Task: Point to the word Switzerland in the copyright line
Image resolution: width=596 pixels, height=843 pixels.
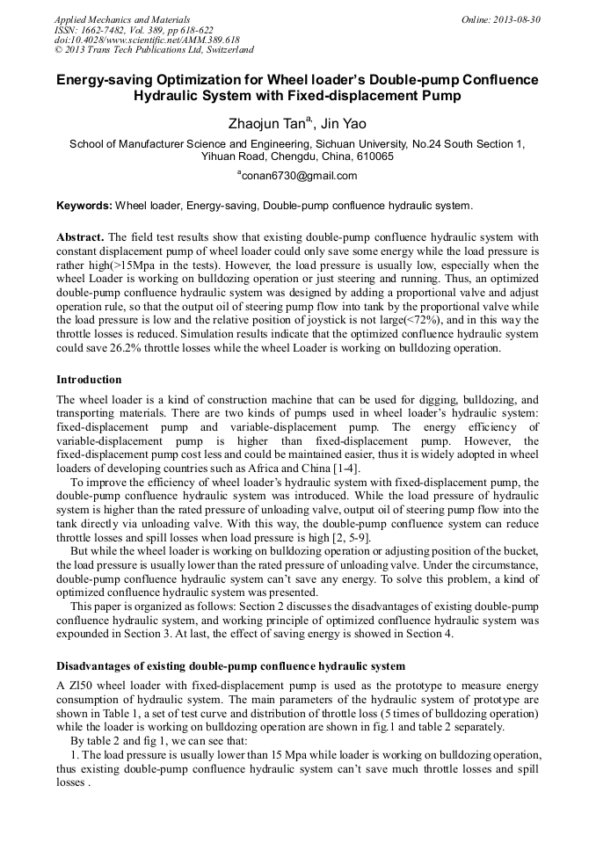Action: coord(224,50)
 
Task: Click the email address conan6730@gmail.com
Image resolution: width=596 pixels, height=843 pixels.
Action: coord(299,176)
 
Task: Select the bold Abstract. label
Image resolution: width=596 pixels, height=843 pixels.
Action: coord(81,238)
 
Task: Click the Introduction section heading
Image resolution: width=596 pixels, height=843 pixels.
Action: coord(89,380)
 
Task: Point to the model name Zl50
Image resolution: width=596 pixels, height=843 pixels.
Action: coord(81,684)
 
